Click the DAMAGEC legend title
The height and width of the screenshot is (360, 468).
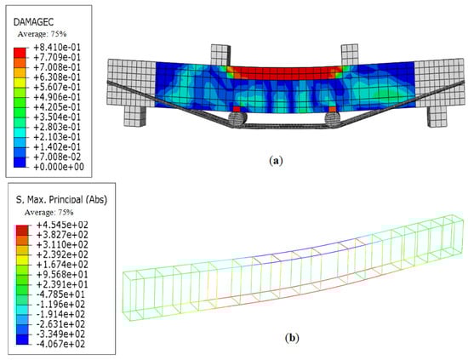pyautogui.click(x=33, y=22)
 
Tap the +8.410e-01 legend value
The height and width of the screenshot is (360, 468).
pyautogui.click(x=57, y=47)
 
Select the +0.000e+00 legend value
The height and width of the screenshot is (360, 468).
pyautogui.click(x=59, y=167)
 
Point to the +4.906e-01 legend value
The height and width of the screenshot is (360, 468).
pyautogui.click(x=57, y=97)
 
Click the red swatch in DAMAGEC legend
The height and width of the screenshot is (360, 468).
pyautogui.click(x=20, y=53)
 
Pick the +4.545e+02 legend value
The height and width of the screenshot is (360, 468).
pyautogui.click(x=62, y=225)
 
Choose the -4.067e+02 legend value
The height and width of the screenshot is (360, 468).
pyautogui.click(x=60, y=344)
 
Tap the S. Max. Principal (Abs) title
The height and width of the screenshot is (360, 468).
pyautogui.click(x=61, y=199)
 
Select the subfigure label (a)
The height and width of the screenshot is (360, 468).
pyautogui.click(x=276, y=161)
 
